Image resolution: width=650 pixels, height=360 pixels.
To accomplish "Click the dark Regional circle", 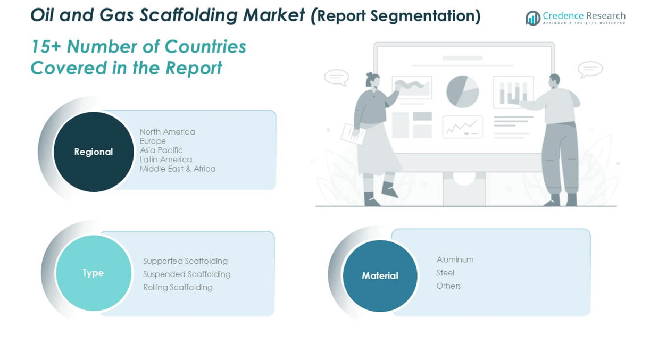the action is (94, 152).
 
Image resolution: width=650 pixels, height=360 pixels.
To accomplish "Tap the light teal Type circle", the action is (94, 273).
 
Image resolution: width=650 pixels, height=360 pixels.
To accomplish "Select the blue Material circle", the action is (380, 275).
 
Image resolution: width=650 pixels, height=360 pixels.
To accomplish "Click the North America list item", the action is (168, 132).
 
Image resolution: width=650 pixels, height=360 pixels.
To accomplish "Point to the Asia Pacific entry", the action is (161, 150).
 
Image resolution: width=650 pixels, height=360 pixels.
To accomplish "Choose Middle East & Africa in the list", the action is (178, 169).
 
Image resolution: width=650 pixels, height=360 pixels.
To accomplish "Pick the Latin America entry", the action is (166, 160).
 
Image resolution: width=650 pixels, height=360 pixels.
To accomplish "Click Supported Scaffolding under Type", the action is (186, 261).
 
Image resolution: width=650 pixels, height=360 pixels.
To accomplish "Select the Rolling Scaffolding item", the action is (178, 288).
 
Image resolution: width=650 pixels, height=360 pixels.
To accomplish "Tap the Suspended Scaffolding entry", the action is (187, 274).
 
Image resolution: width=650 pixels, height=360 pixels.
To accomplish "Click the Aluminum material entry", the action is (455, 259).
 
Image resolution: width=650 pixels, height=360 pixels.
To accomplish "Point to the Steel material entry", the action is (445, 273).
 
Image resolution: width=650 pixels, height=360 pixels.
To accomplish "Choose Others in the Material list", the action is (448, 286).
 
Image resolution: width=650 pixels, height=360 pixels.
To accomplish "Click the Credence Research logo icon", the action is (533, 18).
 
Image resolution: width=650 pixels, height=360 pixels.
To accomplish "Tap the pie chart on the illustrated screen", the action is (462, 91).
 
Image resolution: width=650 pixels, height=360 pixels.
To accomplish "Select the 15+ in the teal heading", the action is (46, 47).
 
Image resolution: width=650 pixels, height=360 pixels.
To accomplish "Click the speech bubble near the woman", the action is (337, 78).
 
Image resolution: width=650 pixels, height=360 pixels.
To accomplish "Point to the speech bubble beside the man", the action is (590, 69).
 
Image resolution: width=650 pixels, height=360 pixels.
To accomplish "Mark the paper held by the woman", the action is (353, 134).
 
